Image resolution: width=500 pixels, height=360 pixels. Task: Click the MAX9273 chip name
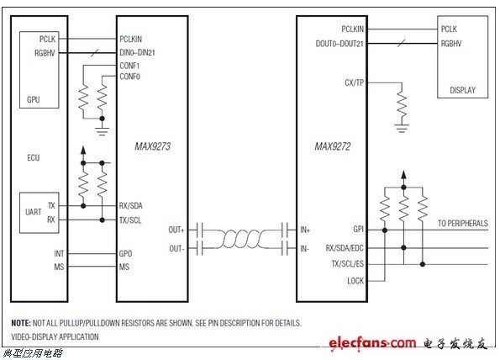[152, 146]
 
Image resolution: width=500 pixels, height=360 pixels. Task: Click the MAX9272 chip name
[333, 146]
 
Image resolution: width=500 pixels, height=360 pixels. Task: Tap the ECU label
[34, 157]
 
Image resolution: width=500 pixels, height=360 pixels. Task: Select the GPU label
[34, 99]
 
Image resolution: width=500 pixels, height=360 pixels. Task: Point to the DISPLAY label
[462, 90]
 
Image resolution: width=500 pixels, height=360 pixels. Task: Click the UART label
[33, 212]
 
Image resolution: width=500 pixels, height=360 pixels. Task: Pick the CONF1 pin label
[129, 66]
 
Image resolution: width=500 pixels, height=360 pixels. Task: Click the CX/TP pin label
[355, 82]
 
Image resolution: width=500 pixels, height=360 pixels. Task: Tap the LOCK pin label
[355, 281]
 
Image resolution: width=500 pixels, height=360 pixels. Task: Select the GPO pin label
[125, 254]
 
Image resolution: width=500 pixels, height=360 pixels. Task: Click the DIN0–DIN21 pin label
[137, 52]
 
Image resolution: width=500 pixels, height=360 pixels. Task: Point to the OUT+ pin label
[176, 230]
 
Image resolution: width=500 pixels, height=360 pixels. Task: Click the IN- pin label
[304, 248]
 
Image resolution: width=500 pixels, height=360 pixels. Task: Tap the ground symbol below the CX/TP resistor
[402, 128]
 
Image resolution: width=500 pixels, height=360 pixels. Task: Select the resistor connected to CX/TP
[402, 103]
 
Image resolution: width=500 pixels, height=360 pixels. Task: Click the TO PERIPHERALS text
[463, 224]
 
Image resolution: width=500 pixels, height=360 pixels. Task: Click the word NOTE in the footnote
[21, 323]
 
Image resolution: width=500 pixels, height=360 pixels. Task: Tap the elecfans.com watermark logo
[372, 343]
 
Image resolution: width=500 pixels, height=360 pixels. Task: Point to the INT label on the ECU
[59, 254]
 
